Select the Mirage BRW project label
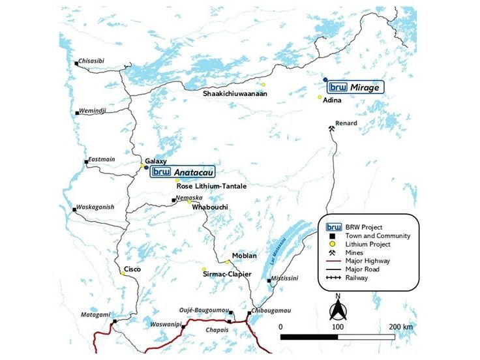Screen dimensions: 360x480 (354, 86)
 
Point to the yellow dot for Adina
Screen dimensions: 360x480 (320, 98)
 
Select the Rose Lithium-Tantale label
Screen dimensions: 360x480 (211, 187)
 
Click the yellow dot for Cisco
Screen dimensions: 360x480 (122, 273)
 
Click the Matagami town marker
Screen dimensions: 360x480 (114, 322)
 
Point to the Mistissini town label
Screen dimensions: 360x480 (286, 278)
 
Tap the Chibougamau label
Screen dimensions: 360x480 (267, 310)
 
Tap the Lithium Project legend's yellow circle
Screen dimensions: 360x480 (332, 244)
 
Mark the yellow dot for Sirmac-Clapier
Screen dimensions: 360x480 (203, 270)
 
